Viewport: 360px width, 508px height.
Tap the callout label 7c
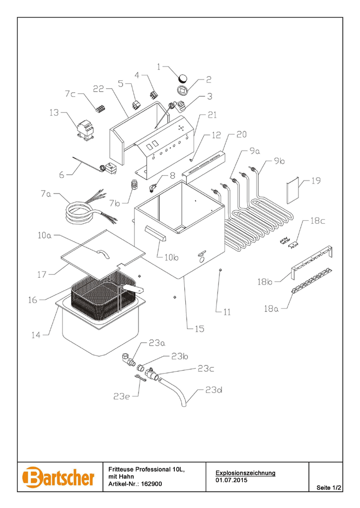pyautogui.click(x=71, y=93)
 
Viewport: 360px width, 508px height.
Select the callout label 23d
pyautogui.click(x=214, y=390)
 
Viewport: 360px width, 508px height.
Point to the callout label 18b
pyautogui.click(x=264, y=282)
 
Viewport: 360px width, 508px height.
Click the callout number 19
pyautogui.click(x=316, y=181)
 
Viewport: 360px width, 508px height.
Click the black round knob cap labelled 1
pyautogui.click(x=183, y=77)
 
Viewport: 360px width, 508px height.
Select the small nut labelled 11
pyautogui.click(x=219, y=270)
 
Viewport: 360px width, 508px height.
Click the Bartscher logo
pyautogui.click(x=59, y=477)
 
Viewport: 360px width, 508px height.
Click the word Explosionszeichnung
pyautogui.click(x=245, y=473)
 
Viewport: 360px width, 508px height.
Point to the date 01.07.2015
pyautogui.click(x=231, y=480)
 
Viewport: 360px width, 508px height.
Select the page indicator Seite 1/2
pyautogui.click(x=329, y=488)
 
